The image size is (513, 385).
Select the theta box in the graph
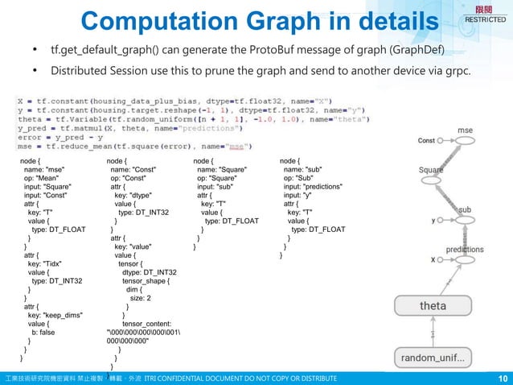tap(433, 307)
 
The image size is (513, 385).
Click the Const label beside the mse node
tap(427, 141)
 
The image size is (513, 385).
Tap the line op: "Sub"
tap(302, 180)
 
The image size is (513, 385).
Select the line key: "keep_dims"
tap(55, 314)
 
